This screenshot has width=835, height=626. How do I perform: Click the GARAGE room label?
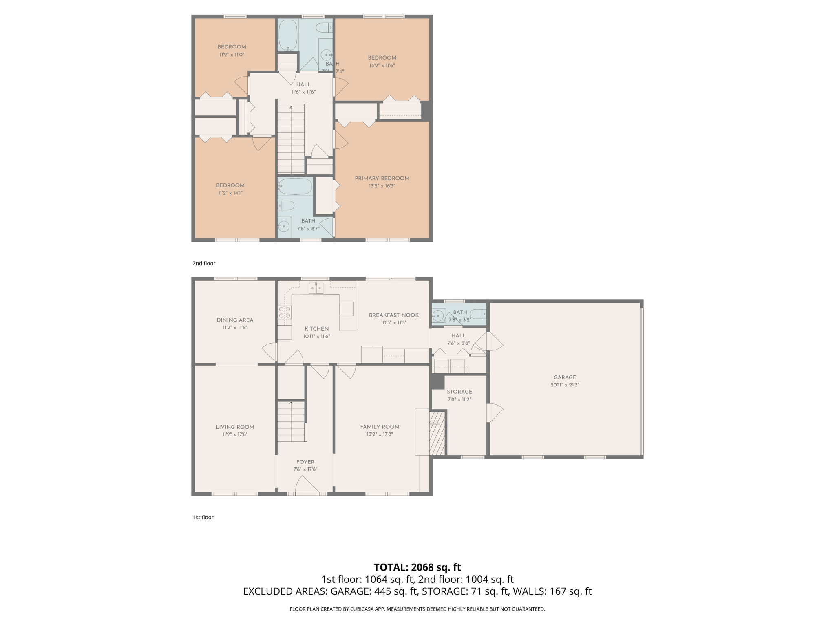click(565, 377)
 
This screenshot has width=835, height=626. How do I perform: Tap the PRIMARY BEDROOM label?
click(382, 178)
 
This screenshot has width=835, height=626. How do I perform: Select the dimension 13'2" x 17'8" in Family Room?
click(380, 434)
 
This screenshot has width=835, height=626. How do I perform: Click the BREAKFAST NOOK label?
click(393, 315)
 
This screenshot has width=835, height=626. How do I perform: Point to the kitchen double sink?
click(316, 288)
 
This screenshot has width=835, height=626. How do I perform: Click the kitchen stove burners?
click(285, 313)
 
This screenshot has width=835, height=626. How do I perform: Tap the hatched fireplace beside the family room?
click(437, 433)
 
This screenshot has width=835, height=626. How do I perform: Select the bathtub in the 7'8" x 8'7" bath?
click(295, 187)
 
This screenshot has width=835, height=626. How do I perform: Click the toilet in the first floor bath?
click(478, 314)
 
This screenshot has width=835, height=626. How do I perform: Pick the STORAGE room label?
click(459, 392)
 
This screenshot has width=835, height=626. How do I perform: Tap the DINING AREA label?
click(235, 320)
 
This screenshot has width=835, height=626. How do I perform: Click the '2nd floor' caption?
click(204, 263)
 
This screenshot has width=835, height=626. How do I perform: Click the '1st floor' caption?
click(203, 517)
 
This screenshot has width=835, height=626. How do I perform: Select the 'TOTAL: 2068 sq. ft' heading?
click(417, 567)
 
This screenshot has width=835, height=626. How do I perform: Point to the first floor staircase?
click(291, 421)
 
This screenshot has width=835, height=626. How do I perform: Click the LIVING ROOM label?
click(235, 427)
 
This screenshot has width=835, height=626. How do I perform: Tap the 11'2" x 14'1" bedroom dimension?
click(230, 193)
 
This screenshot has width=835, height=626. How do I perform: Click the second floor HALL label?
click(303, 84)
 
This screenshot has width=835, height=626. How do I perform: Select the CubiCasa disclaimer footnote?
click(417, 609)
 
